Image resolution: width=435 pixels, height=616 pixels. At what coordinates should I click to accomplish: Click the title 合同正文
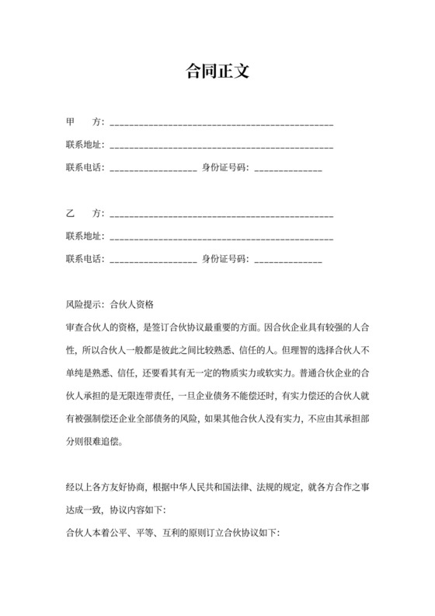pyautogui.click(x=217, y=72)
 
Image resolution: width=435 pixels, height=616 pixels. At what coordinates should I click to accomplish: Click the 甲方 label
pyautogui.click(x=84, y=123)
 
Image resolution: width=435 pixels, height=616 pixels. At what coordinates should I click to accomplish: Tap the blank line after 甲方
pyautogui.click(x=222, y=124)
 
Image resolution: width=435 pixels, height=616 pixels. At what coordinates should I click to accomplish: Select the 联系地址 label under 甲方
pyautogui.click(x=84, y=145)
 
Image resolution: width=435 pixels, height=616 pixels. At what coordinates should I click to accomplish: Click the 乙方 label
pyautogui.click(x=84, y=212)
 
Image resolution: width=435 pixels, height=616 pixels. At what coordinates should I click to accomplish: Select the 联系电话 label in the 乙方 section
pyautogui.click(x=84, y=257)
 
